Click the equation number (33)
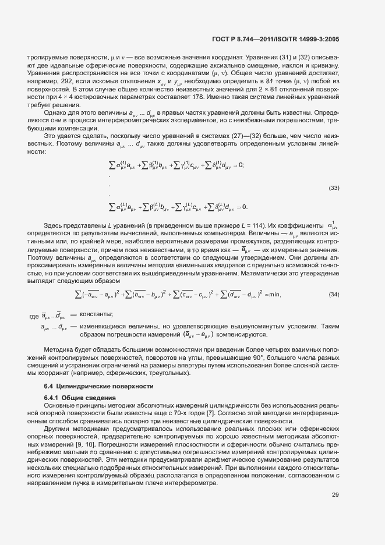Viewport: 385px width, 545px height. [334, 187]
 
